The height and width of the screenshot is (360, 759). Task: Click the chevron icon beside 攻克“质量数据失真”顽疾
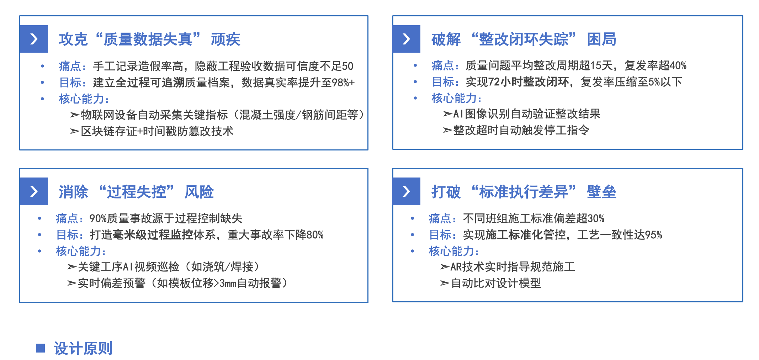click(34, 39)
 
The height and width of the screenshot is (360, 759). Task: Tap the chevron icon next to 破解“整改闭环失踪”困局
click(407, 39)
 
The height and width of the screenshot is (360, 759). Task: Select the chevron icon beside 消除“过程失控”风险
click(34, 191)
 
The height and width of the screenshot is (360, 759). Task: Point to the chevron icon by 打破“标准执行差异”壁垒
click(407, 191)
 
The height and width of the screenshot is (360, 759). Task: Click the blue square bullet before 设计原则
click(41, 348)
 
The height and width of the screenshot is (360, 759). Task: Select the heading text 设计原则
click(83, 348)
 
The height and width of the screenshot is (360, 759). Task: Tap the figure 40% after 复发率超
click(678, 65)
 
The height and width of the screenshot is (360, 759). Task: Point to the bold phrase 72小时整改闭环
click(529, 82)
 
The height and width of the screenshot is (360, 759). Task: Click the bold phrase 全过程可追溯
click(150, 83)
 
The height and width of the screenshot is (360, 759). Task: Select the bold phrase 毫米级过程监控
click(153, 235)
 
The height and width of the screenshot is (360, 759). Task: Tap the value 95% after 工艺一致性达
click(654, 235)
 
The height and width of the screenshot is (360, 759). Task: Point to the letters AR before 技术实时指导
click(456, 267)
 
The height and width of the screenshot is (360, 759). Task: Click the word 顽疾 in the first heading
click(225, 39)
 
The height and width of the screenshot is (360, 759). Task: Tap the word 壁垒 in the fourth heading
click(601, 192)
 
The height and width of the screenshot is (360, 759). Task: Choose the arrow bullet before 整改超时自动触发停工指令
click(447, 130)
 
